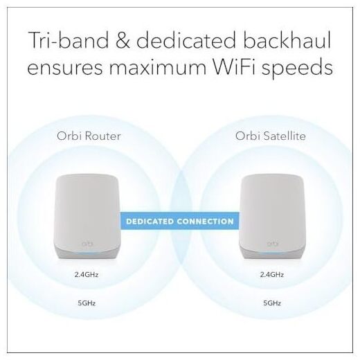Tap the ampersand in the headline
123,40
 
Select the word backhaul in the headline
287,39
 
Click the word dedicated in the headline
186,39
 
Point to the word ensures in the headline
65,67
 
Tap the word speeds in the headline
297,69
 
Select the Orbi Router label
89,136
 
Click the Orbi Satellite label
271,136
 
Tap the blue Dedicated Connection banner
180,221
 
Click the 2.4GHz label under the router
87,275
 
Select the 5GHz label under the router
87,303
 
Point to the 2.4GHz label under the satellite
272,275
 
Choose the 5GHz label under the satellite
272,303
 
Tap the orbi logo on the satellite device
273,244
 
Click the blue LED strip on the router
87,253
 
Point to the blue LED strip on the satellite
271,253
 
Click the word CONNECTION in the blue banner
206,222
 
